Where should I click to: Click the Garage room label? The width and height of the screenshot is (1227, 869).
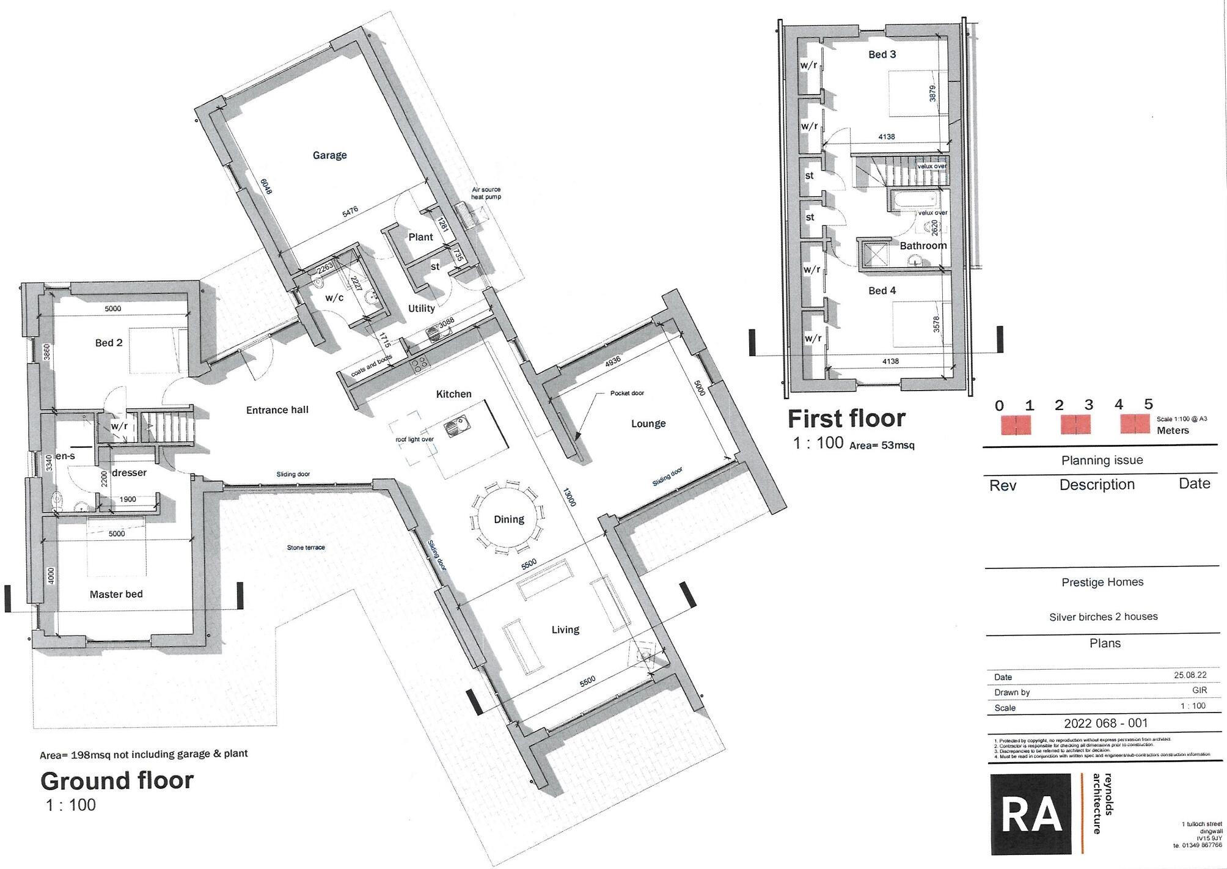tap(329, 155)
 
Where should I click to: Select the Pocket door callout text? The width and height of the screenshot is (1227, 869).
tap(627, 393)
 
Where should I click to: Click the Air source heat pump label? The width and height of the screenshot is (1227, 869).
tap(486, 193)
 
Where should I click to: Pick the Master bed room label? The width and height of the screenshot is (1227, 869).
tap(116, 594)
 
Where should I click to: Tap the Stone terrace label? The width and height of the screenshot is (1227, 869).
tap(306, 548)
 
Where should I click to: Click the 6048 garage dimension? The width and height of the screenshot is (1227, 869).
tap(266, 186)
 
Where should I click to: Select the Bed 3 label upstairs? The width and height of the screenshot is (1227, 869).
tap(882, 54)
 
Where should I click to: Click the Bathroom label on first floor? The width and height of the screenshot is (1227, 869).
tap(923, 246)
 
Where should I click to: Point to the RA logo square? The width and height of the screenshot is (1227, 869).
tap(1030, 813)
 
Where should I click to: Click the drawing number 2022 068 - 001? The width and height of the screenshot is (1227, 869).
tap(1105, 723)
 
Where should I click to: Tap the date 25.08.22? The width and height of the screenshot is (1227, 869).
tap(1190, 675)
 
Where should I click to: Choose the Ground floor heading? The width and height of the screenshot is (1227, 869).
tap(117, 780)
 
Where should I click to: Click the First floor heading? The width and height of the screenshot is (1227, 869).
tap(846, 419)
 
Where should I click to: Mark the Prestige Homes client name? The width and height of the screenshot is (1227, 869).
tap(1102, 582)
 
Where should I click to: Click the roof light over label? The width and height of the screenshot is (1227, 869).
tap(414, 439)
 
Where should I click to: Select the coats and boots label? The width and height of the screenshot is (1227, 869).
tap(372, 365)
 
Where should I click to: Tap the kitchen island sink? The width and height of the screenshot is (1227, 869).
tap(455, 426)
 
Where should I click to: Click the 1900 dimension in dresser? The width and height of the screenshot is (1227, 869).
tap(127, 499)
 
